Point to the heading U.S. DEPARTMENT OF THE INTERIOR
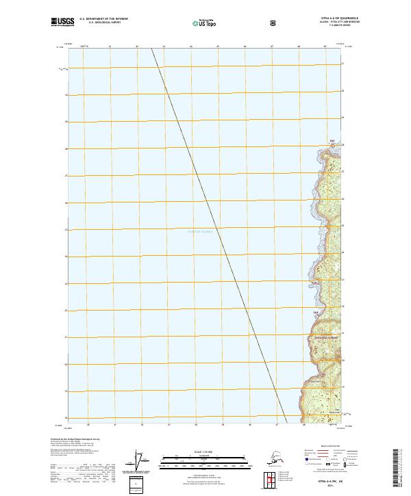[103, 19]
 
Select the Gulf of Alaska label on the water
[200, 232]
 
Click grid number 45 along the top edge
[218, 47]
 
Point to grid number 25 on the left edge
[66, 230]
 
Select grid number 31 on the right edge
[343, 64]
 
